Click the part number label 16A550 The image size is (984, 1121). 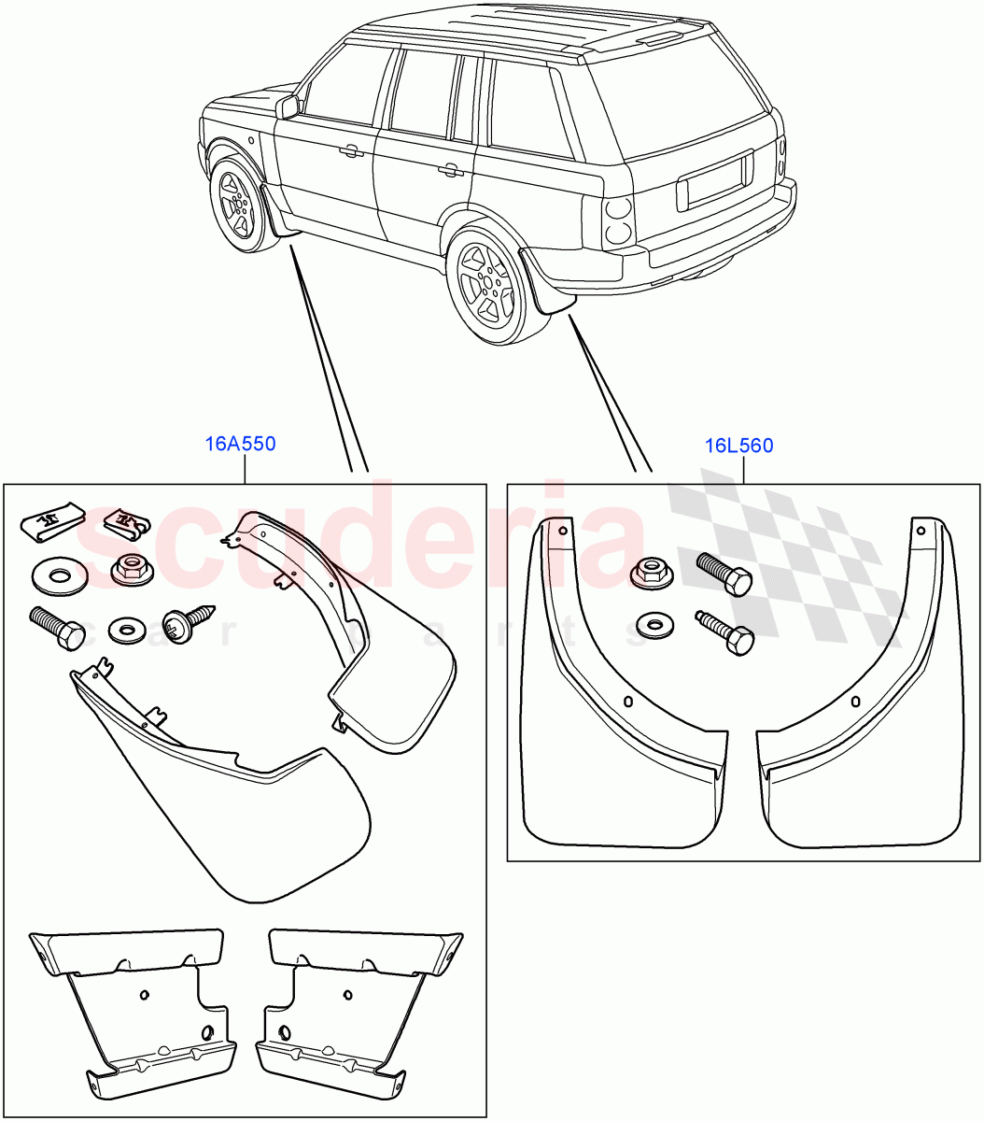pyautogui.click(x=240, y=444)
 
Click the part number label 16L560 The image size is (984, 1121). pyautogui.click(x=739, y=446)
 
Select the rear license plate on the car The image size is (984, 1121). pyautogui.click(x=715, y=180)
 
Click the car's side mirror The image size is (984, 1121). pyautogui.click(x=288, y=106)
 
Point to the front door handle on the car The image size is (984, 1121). pyautogui.click(x=351, y=150)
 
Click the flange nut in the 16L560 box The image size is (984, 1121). pyautogui.click(x=651, y=573)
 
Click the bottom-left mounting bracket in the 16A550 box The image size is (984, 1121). pyautogui.click(x=140, y=1009)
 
